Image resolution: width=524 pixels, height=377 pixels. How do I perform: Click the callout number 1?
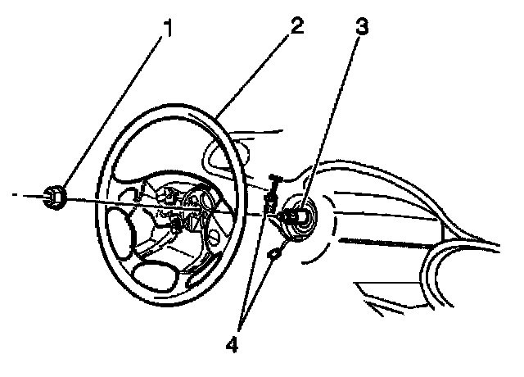pyautogui.click(x=169, y=30)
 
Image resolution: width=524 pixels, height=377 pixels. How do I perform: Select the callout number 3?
pyautogui.click(x=360, y=26)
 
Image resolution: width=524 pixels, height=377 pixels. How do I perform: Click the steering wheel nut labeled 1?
pyautogui.click(x=56, y=197)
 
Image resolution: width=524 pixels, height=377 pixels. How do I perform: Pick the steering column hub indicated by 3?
pyautogui.click(x=296, y=218)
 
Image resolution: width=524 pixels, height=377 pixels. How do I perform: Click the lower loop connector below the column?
pyautogui.click(x=274, y=256)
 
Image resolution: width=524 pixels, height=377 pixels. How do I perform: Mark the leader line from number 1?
pyautogui.click(x=115, y=111)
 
